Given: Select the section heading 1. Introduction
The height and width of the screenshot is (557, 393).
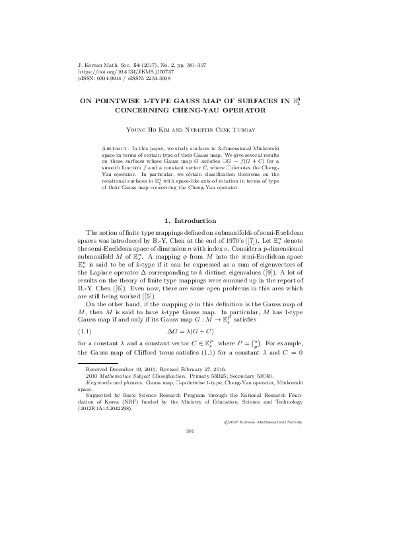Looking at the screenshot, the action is (196, 220).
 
